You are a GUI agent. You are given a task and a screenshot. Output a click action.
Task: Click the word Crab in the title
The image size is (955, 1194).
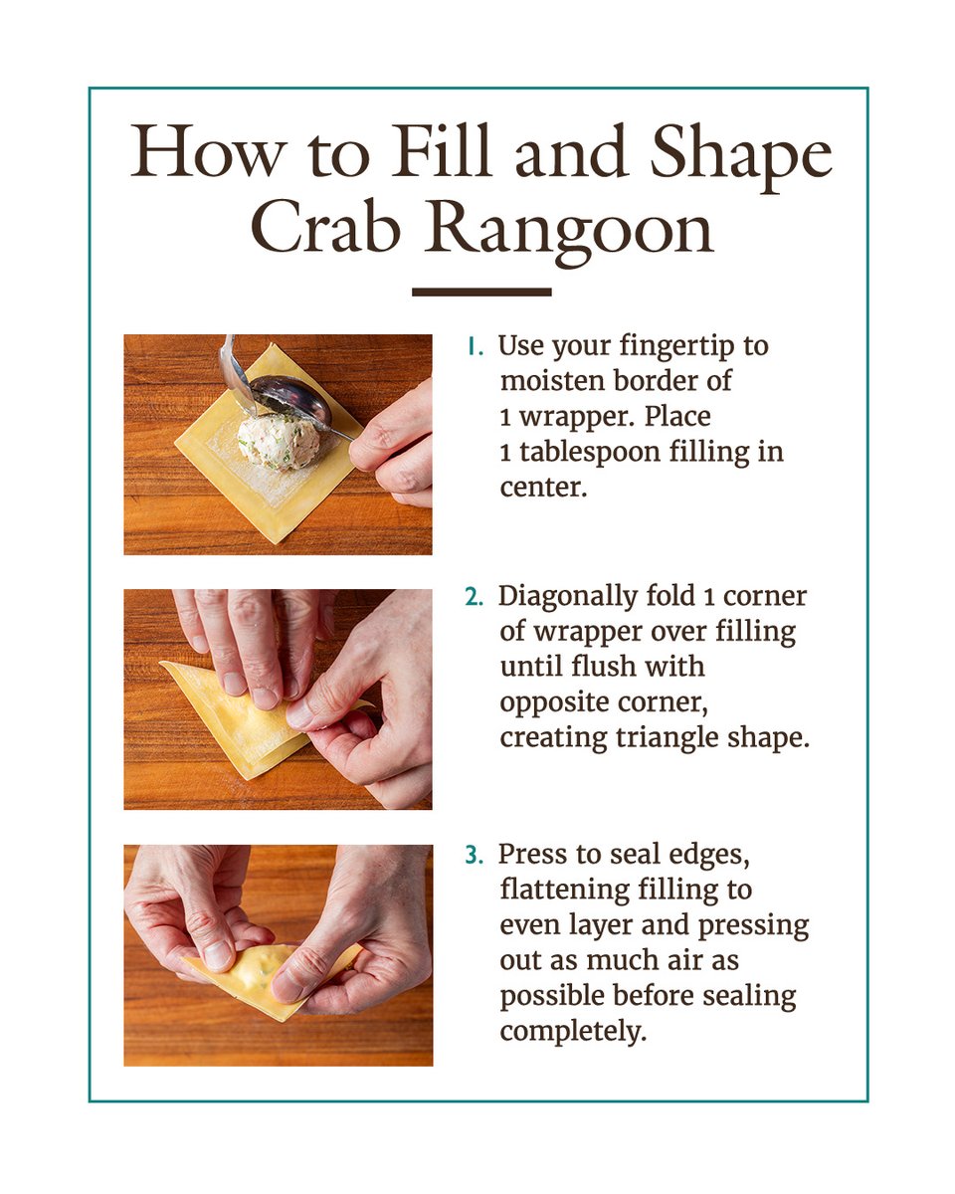(325, 228)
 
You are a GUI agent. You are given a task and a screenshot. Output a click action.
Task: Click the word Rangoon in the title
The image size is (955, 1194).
(570, 234)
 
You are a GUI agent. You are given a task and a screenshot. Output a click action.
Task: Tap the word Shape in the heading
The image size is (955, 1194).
(741, 157)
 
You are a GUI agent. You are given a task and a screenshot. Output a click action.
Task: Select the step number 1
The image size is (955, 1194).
(475, 347)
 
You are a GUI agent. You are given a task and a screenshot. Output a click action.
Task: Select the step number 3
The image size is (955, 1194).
(474, 855)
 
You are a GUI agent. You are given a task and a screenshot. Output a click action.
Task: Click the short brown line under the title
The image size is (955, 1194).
(481, 292)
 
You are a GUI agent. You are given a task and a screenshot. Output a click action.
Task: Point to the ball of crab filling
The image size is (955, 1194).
(280, 442)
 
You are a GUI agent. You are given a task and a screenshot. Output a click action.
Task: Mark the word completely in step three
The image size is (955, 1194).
(573, 1033)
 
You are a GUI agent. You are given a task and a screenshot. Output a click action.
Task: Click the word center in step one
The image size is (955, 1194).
(543, 489)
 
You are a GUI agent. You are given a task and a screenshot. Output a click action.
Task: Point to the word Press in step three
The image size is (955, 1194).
(533, 855)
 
